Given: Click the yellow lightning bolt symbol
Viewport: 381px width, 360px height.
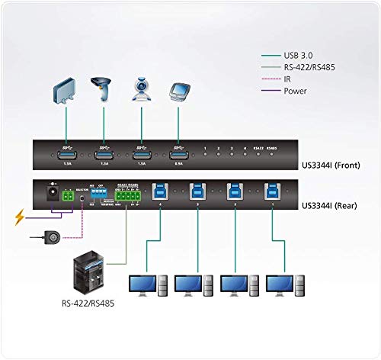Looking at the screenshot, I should coord(18,220).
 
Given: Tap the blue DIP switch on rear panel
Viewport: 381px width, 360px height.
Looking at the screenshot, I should coord(99,193).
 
